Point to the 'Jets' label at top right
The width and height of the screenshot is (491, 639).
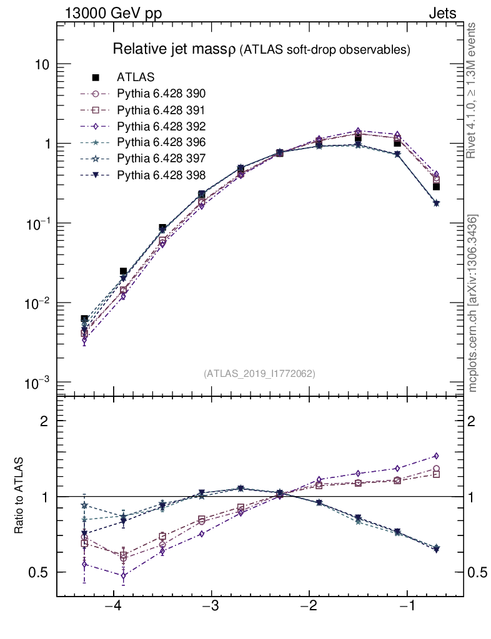point(442,13)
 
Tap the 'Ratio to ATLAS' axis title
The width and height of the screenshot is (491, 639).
point(19,496)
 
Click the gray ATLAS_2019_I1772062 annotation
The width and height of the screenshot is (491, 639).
point(259,374)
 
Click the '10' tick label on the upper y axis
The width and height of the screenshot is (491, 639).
point(42,65)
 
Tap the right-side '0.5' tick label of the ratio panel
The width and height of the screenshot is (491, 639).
point(478,572)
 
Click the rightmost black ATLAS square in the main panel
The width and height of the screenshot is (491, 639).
point(436,187)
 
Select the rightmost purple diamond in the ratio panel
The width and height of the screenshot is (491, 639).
point(436,456)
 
